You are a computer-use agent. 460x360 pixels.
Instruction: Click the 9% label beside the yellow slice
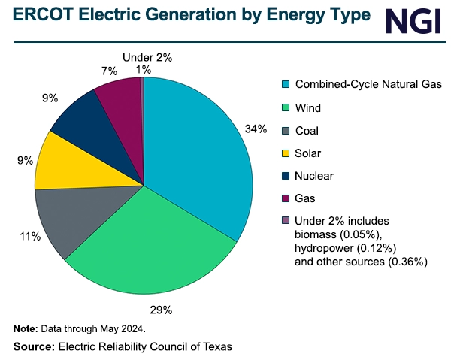(x=25, y=159)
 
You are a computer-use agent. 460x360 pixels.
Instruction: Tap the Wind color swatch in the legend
(x=286, y=107)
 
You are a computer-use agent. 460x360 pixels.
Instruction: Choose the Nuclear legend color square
(x=286, y=176)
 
